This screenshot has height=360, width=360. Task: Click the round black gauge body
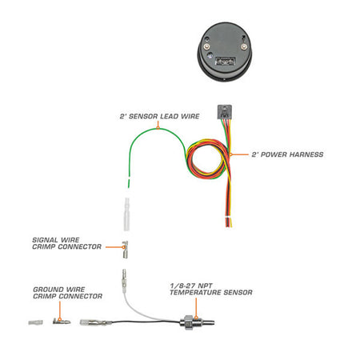[224, 51]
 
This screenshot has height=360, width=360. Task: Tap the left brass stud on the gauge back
[206, 47]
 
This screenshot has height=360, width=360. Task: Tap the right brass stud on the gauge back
[243, 47]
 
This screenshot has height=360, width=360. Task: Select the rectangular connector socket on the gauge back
[226, 61]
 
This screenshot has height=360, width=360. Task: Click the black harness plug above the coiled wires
[225, 112]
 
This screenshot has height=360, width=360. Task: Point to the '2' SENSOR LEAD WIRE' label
[159, 116]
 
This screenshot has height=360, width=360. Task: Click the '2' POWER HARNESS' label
[287, 154]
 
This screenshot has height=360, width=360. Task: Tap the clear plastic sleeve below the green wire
[126, 214]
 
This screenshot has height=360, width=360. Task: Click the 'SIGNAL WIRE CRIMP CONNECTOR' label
[66, 243]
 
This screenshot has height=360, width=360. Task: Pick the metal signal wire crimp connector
[125, 250]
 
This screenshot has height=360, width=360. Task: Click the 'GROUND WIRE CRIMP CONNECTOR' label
[67, 293]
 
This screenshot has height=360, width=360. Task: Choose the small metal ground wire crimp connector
[62, 322]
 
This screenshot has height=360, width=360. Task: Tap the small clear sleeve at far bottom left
[35, 322]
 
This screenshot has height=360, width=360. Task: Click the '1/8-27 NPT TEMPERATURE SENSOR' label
[211, 289]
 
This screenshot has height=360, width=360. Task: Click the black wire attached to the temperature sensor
[146, 322]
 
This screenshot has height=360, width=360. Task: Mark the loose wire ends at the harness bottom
[229, 222]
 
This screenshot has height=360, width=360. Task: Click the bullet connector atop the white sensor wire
[124, 281]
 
